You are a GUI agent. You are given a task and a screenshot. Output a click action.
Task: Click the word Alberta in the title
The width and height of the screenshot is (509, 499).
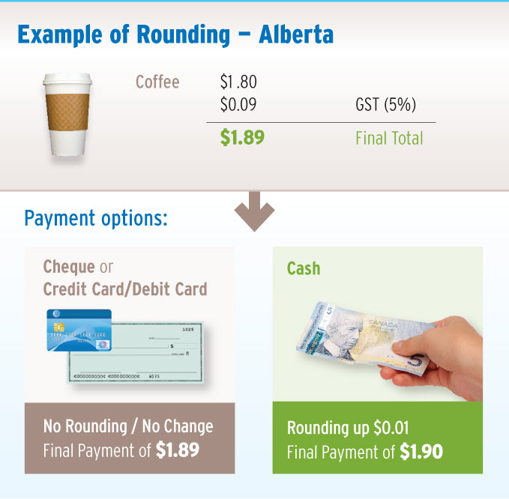[296, 34]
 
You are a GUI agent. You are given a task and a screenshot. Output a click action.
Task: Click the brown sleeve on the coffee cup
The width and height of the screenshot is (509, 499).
[67, 112]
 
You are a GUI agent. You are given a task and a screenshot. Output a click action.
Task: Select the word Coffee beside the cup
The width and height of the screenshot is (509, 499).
[157, 82]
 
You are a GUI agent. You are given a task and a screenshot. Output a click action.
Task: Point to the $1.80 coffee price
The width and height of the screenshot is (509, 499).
[238, 82]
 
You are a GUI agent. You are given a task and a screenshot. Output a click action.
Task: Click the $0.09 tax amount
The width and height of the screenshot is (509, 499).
[238, 104]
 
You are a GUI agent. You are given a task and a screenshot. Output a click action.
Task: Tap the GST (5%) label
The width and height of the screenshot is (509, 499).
[385, 104]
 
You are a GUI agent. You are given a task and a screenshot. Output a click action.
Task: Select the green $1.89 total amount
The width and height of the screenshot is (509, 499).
[242, 137]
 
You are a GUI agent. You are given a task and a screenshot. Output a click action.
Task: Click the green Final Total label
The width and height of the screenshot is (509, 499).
[389, 138]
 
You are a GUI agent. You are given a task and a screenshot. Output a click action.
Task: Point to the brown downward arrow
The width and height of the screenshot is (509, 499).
[255, 211]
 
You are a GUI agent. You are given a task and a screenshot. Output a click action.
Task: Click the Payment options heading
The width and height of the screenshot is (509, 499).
[96, 219]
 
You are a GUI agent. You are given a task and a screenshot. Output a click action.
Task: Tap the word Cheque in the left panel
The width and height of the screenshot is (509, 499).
[69, 267]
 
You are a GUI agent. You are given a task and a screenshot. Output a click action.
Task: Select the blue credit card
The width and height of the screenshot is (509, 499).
[79, 330]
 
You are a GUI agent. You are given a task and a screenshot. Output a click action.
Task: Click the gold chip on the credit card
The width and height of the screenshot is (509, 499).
[58, 327]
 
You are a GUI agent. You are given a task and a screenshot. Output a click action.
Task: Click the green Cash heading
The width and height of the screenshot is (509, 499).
[304, 269]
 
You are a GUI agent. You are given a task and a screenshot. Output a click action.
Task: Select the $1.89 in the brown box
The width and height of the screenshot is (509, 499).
[177, 450]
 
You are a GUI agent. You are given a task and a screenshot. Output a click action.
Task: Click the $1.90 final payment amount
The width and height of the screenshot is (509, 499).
[421, 451]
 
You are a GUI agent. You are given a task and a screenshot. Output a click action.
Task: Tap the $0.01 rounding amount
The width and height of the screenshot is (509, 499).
[391, 428]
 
